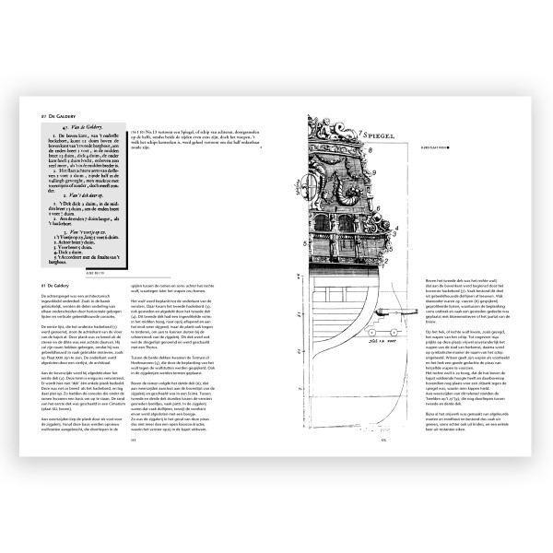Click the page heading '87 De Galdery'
coord(47,116)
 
